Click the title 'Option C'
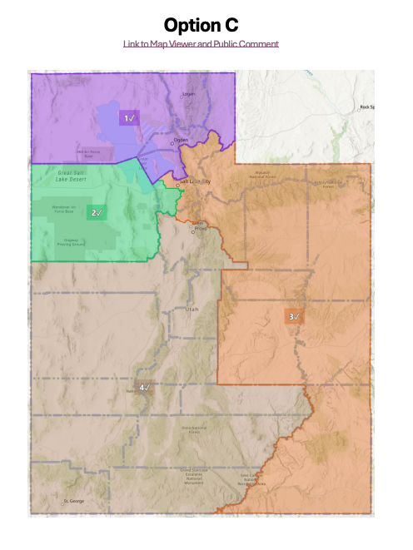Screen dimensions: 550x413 pyautogui.click(x=201, y=24)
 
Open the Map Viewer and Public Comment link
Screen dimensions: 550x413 pyautogui.click(x=201, y=43)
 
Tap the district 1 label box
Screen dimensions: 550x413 pyautogui.click(x=129, y=118)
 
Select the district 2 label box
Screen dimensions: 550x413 pyautogui.click(x=96, y=212)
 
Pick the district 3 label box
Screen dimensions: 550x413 pyautogui.click(x=294, y=316)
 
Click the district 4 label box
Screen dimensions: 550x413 pyautogui.click(x=145, y=387)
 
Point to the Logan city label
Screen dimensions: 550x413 pyautogui.click(x=189, y=94)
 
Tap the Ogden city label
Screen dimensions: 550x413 pyautogui.click(x=182, y=140)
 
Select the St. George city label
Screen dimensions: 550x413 pyautogui.click(x=75, y=501)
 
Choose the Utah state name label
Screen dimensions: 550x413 pyautogui.click(x=193, y=309)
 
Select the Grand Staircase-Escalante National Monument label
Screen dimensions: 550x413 pyautogui.click(x=194, y=477)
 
